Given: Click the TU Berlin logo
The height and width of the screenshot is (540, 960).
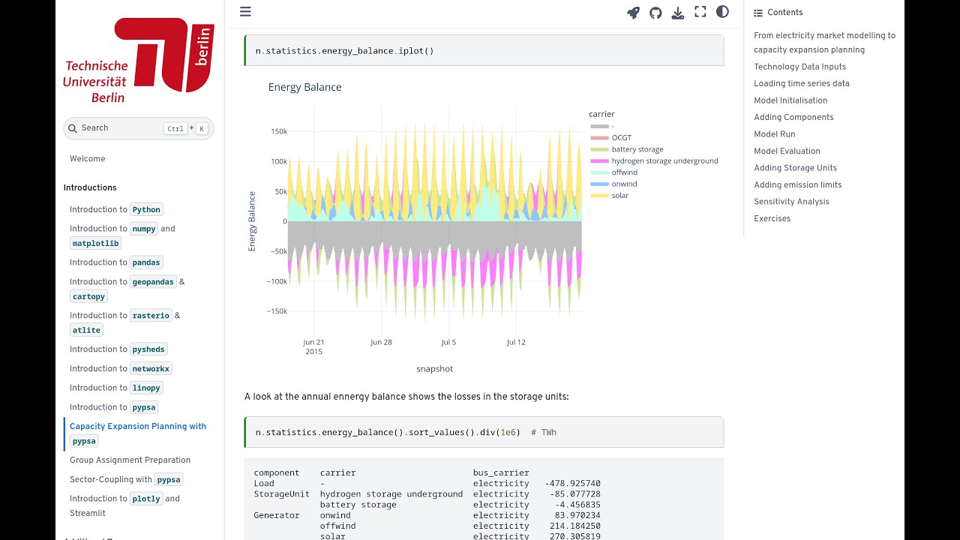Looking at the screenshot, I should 139,61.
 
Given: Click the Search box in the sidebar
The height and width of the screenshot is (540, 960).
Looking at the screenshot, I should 139,128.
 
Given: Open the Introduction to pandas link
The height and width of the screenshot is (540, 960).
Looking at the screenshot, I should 115,262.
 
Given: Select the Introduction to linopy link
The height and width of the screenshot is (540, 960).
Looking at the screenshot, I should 115,388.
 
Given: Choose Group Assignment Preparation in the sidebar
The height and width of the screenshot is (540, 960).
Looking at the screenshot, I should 130,460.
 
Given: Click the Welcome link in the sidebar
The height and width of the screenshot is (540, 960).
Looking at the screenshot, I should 87,159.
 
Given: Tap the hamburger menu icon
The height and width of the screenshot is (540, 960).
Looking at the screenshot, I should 245,12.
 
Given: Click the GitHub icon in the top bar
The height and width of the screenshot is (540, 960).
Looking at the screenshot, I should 655,13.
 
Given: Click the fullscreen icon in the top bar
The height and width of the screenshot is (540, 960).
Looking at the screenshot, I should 700,12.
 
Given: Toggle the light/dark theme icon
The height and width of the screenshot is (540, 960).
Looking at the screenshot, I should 722,12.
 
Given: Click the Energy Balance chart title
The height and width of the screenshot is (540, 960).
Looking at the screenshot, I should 304,88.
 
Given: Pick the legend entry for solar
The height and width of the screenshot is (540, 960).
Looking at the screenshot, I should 619,196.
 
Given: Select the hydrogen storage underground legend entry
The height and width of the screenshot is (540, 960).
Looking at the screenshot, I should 664,161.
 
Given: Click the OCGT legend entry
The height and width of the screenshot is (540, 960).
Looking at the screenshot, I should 621,138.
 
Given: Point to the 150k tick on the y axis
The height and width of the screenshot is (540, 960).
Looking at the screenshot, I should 278,132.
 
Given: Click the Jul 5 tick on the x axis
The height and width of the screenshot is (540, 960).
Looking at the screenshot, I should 448,343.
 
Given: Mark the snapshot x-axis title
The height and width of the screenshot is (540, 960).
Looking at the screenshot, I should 434,369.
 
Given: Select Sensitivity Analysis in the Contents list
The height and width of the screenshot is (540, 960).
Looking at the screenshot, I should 791,202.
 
